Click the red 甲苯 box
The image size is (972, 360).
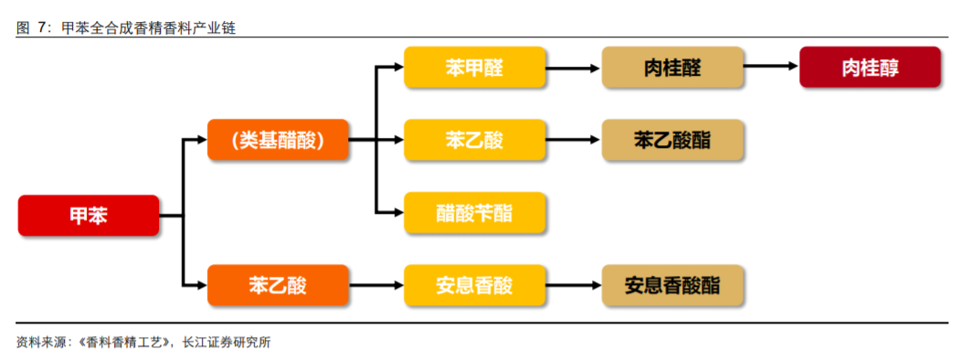click(89, 216)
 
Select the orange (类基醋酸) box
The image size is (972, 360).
click(278, 140)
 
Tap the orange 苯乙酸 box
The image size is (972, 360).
click(278, 285)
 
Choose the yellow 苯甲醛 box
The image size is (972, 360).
click(474, 68)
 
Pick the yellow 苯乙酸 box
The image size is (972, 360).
click(474, 140)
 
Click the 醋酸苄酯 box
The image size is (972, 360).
click(474, 213)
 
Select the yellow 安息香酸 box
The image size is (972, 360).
click(474, 285)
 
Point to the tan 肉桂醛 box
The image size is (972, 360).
click(672, 68)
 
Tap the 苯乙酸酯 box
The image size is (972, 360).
click(672, 140)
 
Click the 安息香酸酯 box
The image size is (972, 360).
click(672, 285)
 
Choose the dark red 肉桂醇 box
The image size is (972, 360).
click(870, 68)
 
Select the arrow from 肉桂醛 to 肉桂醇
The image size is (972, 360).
click(771, 68)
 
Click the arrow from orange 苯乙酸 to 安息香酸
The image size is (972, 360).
click(376, 285)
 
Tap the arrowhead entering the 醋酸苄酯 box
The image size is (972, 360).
click(397, 213)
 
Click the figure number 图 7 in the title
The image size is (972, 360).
click(34, 28)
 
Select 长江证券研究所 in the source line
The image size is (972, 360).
click(227, 343)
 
